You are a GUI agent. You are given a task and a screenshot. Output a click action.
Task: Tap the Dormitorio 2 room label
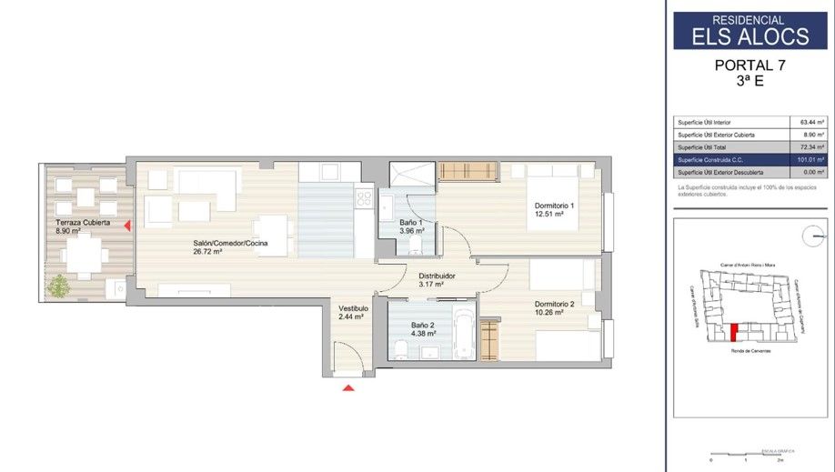point(555,304)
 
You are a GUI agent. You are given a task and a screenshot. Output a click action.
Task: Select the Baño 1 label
point(411,223)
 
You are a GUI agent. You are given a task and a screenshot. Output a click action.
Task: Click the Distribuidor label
point(437,276)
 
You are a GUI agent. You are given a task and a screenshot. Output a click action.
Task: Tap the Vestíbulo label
point(354,308)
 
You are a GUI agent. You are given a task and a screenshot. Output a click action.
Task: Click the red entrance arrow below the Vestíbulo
point(348,388)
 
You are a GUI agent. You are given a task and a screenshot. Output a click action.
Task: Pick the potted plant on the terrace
point(59,286)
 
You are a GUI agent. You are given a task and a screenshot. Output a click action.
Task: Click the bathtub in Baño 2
point(463,331)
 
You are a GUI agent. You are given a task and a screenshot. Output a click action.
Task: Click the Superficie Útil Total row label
point(704,146)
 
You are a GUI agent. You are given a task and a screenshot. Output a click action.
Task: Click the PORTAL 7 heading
point(749,65)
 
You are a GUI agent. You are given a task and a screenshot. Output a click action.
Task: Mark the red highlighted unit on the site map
point(733,331)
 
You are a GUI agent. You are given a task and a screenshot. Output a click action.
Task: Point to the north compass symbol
point(812,236)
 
